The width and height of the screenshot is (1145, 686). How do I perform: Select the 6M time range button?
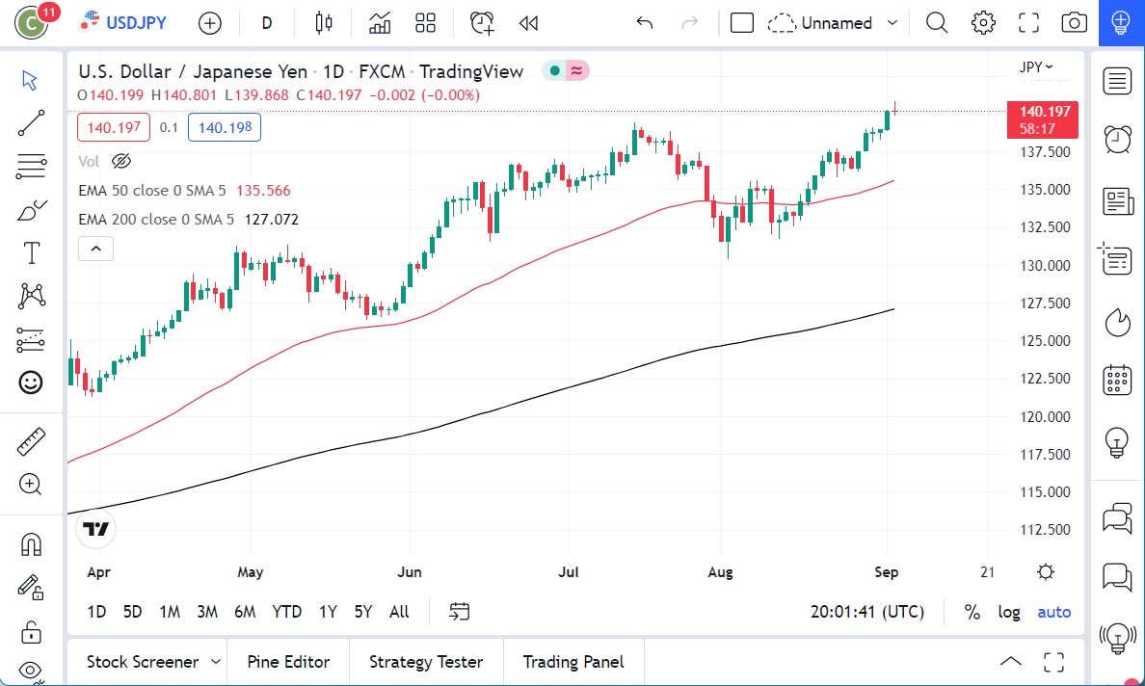pos(245,612)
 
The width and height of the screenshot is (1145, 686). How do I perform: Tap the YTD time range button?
pos(286,612)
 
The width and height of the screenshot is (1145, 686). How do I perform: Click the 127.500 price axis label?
pos(1045,303)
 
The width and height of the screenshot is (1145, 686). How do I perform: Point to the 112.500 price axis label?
pos(1045,530)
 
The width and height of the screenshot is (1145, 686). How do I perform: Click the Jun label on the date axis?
pos(410,572)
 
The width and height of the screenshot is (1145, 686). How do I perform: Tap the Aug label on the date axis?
pos(720,572)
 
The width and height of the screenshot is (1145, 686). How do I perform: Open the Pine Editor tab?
pos(288,662)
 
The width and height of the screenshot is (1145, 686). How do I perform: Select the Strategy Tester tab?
pos(426,662)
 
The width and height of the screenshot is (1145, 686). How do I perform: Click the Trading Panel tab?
pos(573,662)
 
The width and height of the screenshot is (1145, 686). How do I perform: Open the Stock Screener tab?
pos(143,662)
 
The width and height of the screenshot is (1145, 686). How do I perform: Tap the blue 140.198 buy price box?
pos(225,127)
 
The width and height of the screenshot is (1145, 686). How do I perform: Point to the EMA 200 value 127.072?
pos(271,220)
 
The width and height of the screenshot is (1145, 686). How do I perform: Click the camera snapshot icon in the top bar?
pos(1074,22)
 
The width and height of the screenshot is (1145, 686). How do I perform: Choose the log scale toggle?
pos(1009,612)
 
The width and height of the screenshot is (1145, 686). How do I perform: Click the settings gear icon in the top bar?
pos(983,22)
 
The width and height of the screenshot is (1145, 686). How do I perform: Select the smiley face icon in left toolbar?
pos(31,383)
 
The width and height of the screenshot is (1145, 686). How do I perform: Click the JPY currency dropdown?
pos(1036,66)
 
